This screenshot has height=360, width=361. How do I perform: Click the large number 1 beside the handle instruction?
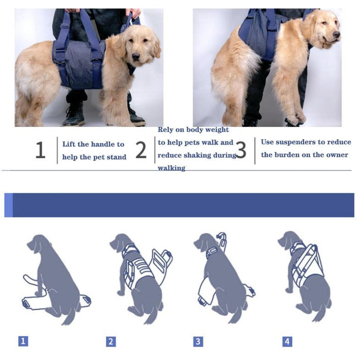[40, 150]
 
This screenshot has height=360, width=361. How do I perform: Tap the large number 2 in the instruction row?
[141, 150]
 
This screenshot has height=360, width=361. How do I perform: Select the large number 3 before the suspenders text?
[240, 150]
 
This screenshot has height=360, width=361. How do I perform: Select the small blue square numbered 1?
[23, 340]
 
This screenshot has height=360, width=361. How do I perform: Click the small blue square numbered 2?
[111, 341]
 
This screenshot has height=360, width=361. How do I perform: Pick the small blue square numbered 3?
[198, 341]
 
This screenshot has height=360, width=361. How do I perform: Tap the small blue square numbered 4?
[287, 341]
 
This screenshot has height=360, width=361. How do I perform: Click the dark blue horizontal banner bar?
[180, 205]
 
